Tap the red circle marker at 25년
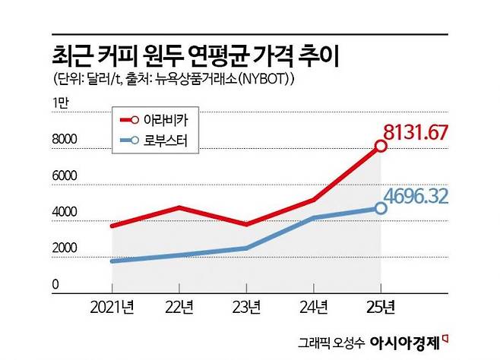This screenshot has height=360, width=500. (381, 146)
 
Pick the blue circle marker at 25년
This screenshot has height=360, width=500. (381, 207)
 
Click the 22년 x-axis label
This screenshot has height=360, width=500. (180, 307)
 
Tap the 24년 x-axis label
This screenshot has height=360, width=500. (315, 307)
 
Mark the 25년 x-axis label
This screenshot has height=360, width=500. (381, 307)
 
